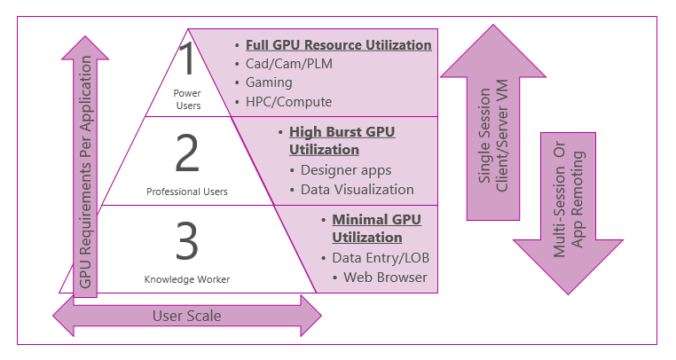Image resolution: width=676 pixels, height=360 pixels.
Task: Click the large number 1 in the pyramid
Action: click(x=186, y=59)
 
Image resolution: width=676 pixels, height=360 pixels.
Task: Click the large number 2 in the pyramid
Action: click(x=187, y=153)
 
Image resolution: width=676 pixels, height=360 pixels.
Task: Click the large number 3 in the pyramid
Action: click(x=186, y=241)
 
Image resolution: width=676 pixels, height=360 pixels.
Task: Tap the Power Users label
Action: click(x=187, y=98)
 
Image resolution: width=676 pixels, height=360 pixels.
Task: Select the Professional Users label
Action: click(x=187, y=191)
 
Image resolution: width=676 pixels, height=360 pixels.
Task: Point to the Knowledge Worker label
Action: click(x=187, y=279)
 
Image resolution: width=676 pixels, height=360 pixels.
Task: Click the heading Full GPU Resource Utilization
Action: click(x=339, y=45)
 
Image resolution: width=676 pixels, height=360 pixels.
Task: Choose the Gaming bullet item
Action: click(x=269, y=82)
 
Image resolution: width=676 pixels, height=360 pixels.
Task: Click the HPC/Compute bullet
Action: click(x=283, y=101)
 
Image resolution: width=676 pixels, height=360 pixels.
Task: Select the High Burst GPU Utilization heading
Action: click(x=342, y=140)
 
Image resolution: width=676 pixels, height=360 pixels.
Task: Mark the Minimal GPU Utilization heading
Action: click(x=376, y=228)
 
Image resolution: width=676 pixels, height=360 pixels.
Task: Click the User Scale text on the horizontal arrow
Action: click(x=187, y=315)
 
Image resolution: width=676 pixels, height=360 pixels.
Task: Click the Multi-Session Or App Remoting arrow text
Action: click(x=567, y=200)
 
